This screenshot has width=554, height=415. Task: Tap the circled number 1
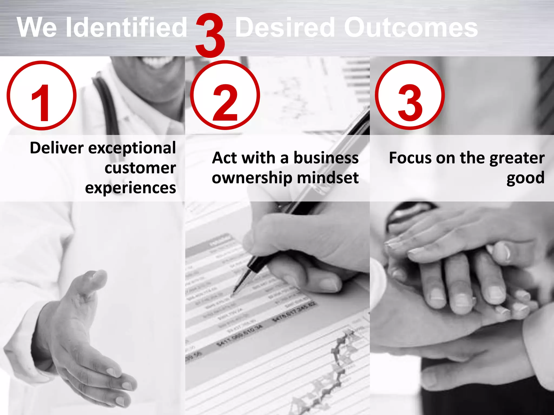41,96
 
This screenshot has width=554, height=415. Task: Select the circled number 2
225,95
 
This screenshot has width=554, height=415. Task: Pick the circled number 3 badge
410,95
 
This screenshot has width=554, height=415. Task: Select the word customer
140,168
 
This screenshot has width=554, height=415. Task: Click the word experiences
130,188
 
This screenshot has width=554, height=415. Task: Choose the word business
326,158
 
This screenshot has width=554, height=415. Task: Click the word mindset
328,178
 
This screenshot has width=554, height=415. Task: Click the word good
525,178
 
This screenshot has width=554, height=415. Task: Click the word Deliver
57,148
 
